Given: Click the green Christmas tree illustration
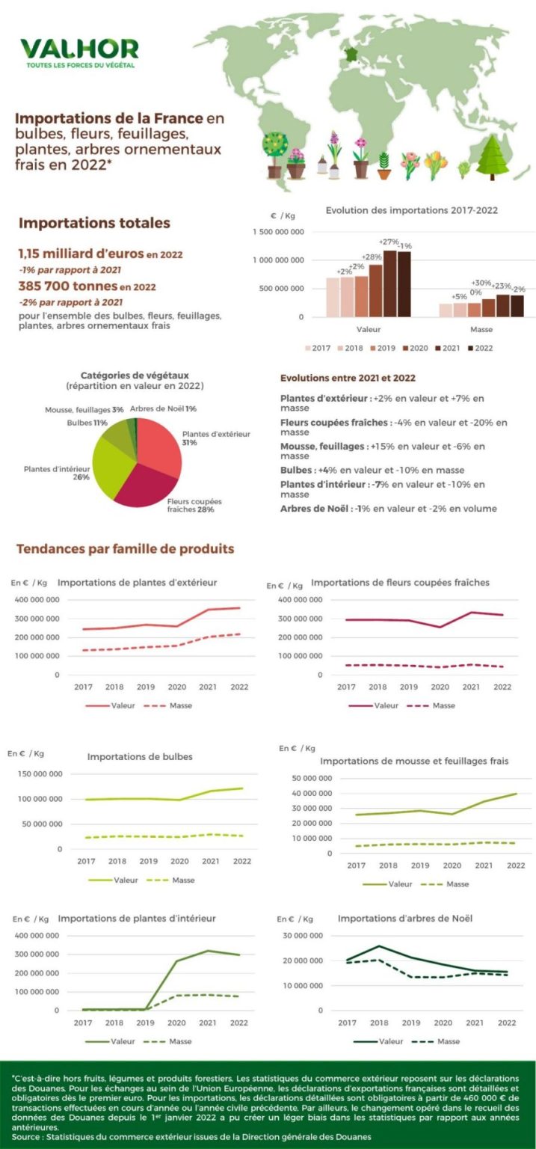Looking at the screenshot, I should click(x=492, y=156).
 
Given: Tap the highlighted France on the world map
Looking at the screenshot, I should click(x=350, y=54).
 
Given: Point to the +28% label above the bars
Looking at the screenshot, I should click(x=375, y=257).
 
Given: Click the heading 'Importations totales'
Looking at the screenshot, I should click(x=94, y=223).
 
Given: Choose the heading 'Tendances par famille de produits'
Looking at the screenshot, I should click(x=125, y=549).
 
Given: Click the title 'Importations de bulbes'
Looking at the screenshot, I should click(x=140, y=756).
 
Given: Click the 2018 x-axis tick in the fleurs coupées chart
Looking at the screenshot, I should click(x=377, y=687).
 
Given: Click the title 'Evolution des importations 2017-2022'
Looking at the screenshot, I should click(x=411, y=211).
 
